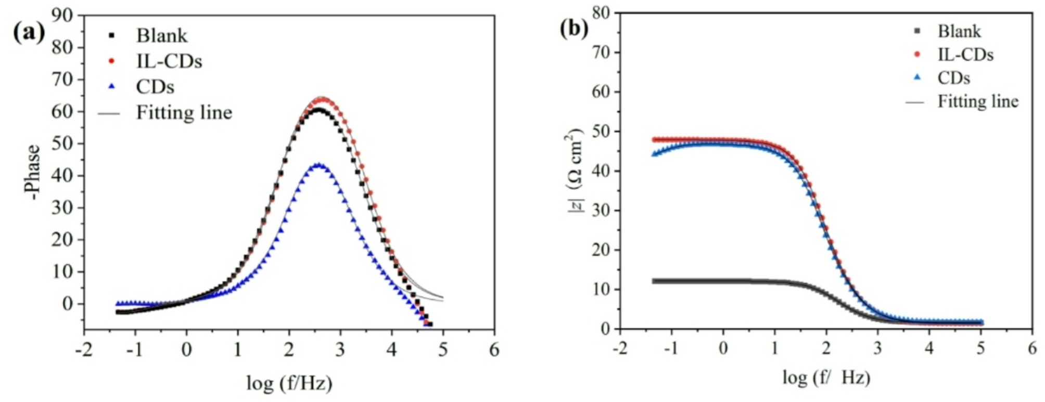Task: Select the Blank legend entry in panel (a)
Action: [161, 35]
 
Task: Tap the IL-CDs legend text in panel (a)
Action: [169, 61]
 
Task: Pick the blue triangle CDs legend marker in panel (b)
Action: [917, 77]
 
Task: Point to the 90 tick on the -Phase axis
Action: [62, 16]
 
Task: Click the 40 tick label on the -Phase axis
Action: [62, 176]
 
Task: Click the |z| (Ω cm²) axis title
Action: [575, 172]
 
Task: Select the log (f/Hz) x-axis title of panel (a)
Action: [289, 383]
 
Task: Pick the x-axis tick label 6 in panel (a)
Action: [494, 350]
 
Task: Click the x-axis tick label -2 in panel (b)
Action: [619, 347]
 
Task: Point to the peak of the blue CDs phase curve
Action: [318, 165]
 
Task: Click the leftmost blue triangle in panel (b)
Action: [654, 154]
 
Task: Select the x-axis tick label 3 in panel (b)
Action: [877, 347]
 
